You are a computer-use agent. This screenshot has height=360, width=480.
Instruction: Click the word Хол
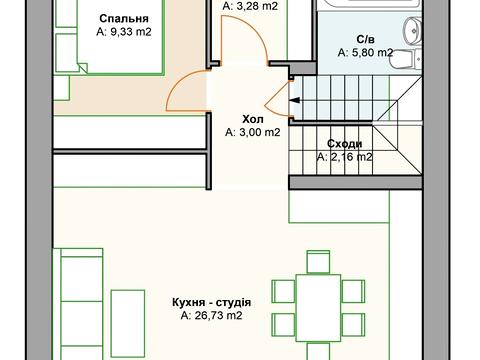253,117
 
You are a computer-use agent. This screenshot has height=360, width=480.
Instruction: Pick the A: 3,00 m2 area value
253,131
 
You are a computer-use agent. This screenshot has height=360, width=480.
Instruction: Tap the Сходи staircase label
344,143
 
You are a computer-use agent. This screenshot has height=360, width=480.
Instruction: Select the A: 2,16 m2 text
344,157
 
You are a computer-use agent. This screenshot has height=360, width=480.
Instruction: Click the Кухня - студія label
211,301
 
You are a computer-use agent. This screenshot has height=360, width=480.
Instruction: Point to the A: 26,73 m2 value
211,315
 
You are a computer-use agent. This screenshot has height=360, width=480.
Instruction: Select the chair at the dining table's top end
317,262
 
